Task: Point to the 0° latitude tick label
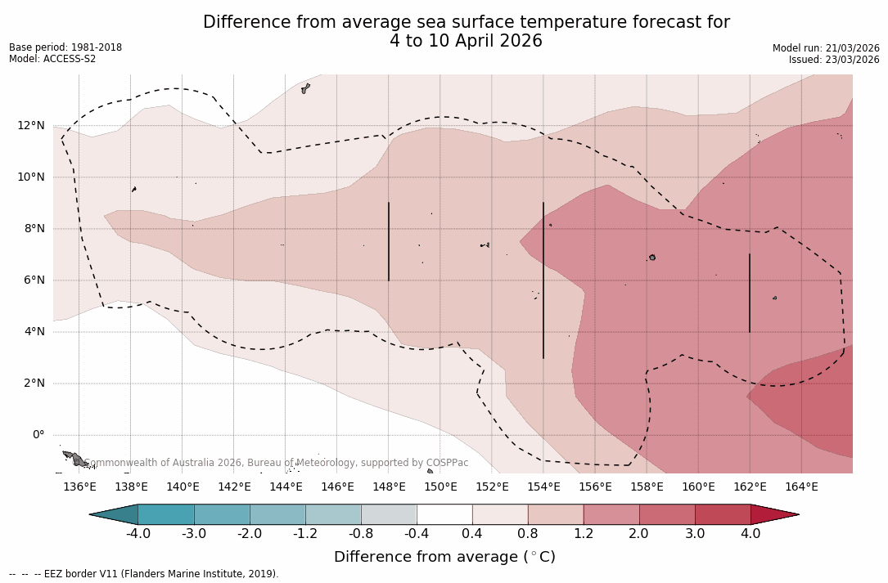38,434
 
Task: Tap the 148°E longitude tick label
389,487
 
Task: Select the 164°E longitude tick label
801,487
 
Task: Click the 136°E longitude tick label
79,487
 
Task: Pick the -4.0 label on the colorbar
137,534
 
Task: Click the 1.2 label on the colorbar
584,534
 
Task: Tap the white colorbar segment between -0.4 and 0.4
444,514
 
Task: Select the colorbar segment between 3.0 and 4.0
723,514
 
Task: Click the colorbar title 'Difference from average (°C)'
444,557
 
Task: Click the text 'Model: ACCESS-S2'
52,59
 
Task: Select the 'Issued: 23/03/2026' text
834,60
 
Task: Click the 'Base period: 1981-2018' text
65,47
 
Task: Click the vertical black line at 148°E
389,241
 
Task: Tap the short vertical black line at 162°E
750,293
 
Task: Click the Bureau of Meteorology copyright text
278,463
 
